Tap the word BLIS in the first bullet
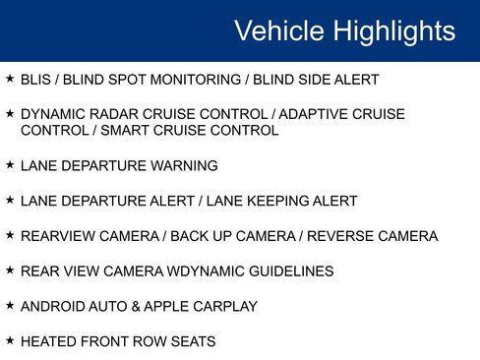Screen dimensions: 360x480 36,80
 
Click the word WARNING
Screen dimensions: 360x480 185,165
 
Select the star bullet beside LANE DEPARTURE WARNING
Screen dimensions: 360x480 10,164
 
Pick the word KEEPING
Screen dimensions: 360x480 286,201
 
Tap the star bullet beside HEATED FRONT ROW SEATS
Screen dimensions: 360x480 10,341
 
